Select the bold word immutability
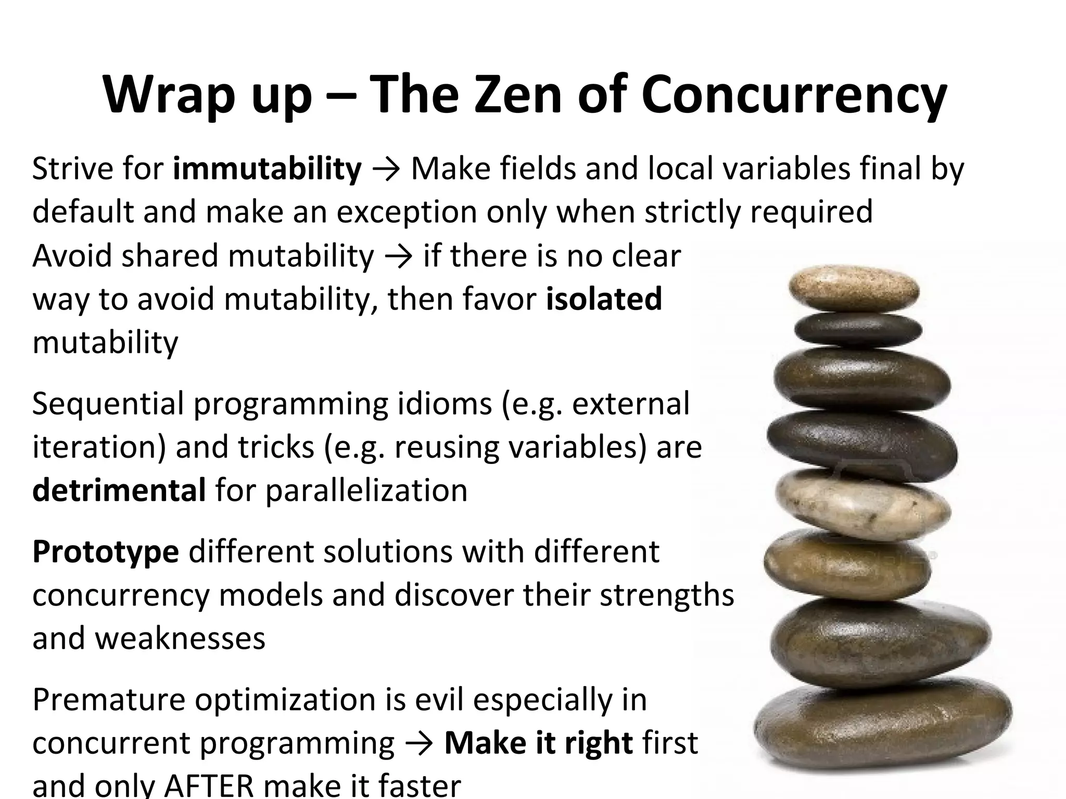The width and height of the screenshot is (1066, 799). (x=267, y=169)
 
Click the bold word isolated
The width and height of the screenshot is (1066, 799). (x=604, y=299)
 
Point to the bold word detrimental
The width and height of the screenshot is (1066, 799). (x=119, y=490)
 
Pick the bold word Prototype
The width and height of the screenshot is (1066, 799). (x=106, y=551)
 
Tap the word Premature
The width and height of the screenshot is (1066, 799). (x=109, y=699)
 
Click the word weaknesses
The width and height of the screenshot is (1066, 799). (x=181, y=638)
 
